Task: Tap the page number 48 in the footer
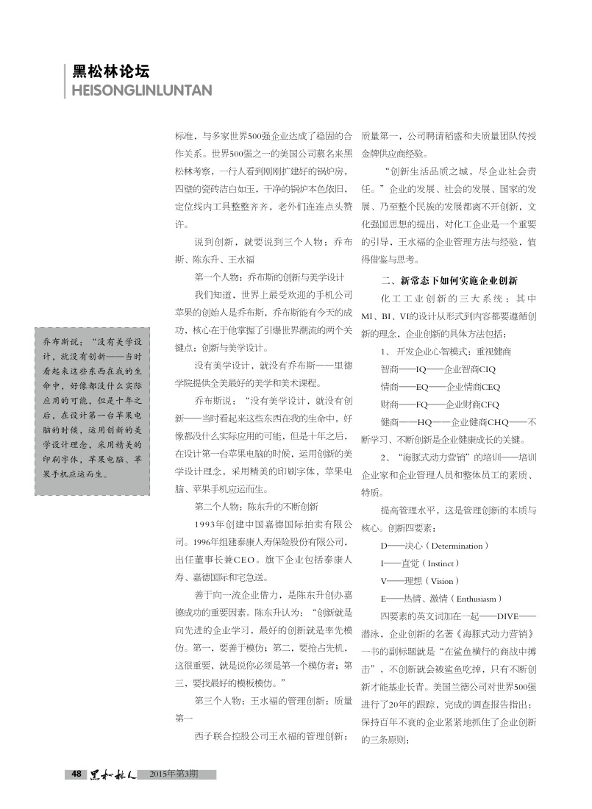(x=76, y=774)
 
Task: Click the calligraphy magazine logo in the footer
(x=110, y=774)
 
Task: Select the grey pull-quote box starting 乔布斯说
(x=92, y=407)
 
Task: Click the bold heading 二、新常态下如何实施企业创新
(x=449, y=280)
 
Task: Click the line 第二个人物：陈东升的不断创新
(x=256, y=506)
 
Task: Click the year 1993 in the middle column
(x=210, y=524)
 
